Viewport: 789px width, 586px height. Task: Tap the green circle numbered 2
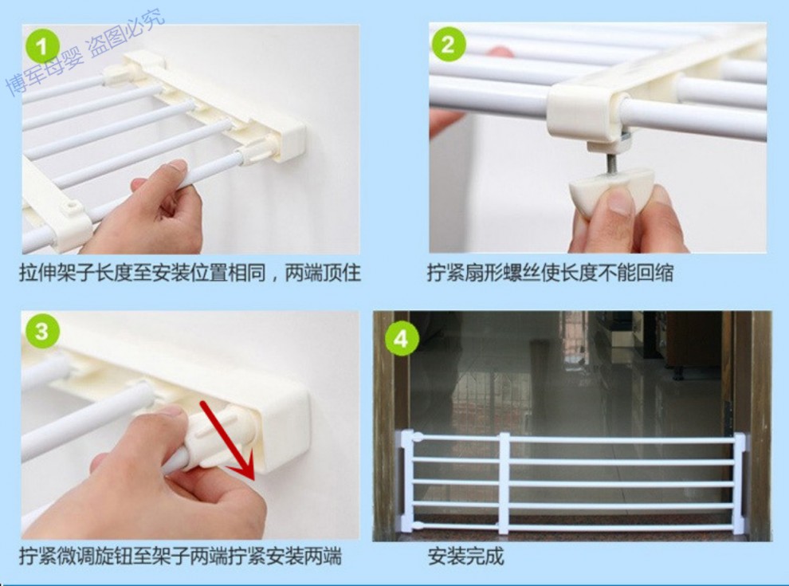click(x=447, y=44)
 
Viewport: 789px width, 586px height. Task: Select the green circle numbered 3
click(x=41, y=331)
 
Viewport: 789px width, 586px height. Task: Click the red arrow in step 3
click(x=227, y=439)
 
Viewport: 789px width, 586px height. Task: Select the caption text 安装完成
click(x=466, y=557)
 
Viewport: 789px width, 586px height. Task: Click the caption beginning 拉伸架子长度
click(x=190, y=273)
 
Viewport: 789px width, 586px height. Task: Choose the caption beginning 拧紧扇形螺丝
click(x=550, y=273)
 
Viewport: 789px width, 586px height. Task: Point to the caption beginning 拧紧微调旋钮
click(x=181, y=557)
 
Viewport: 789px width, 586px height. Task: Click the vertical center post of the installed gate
click(x=504, y=483)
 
